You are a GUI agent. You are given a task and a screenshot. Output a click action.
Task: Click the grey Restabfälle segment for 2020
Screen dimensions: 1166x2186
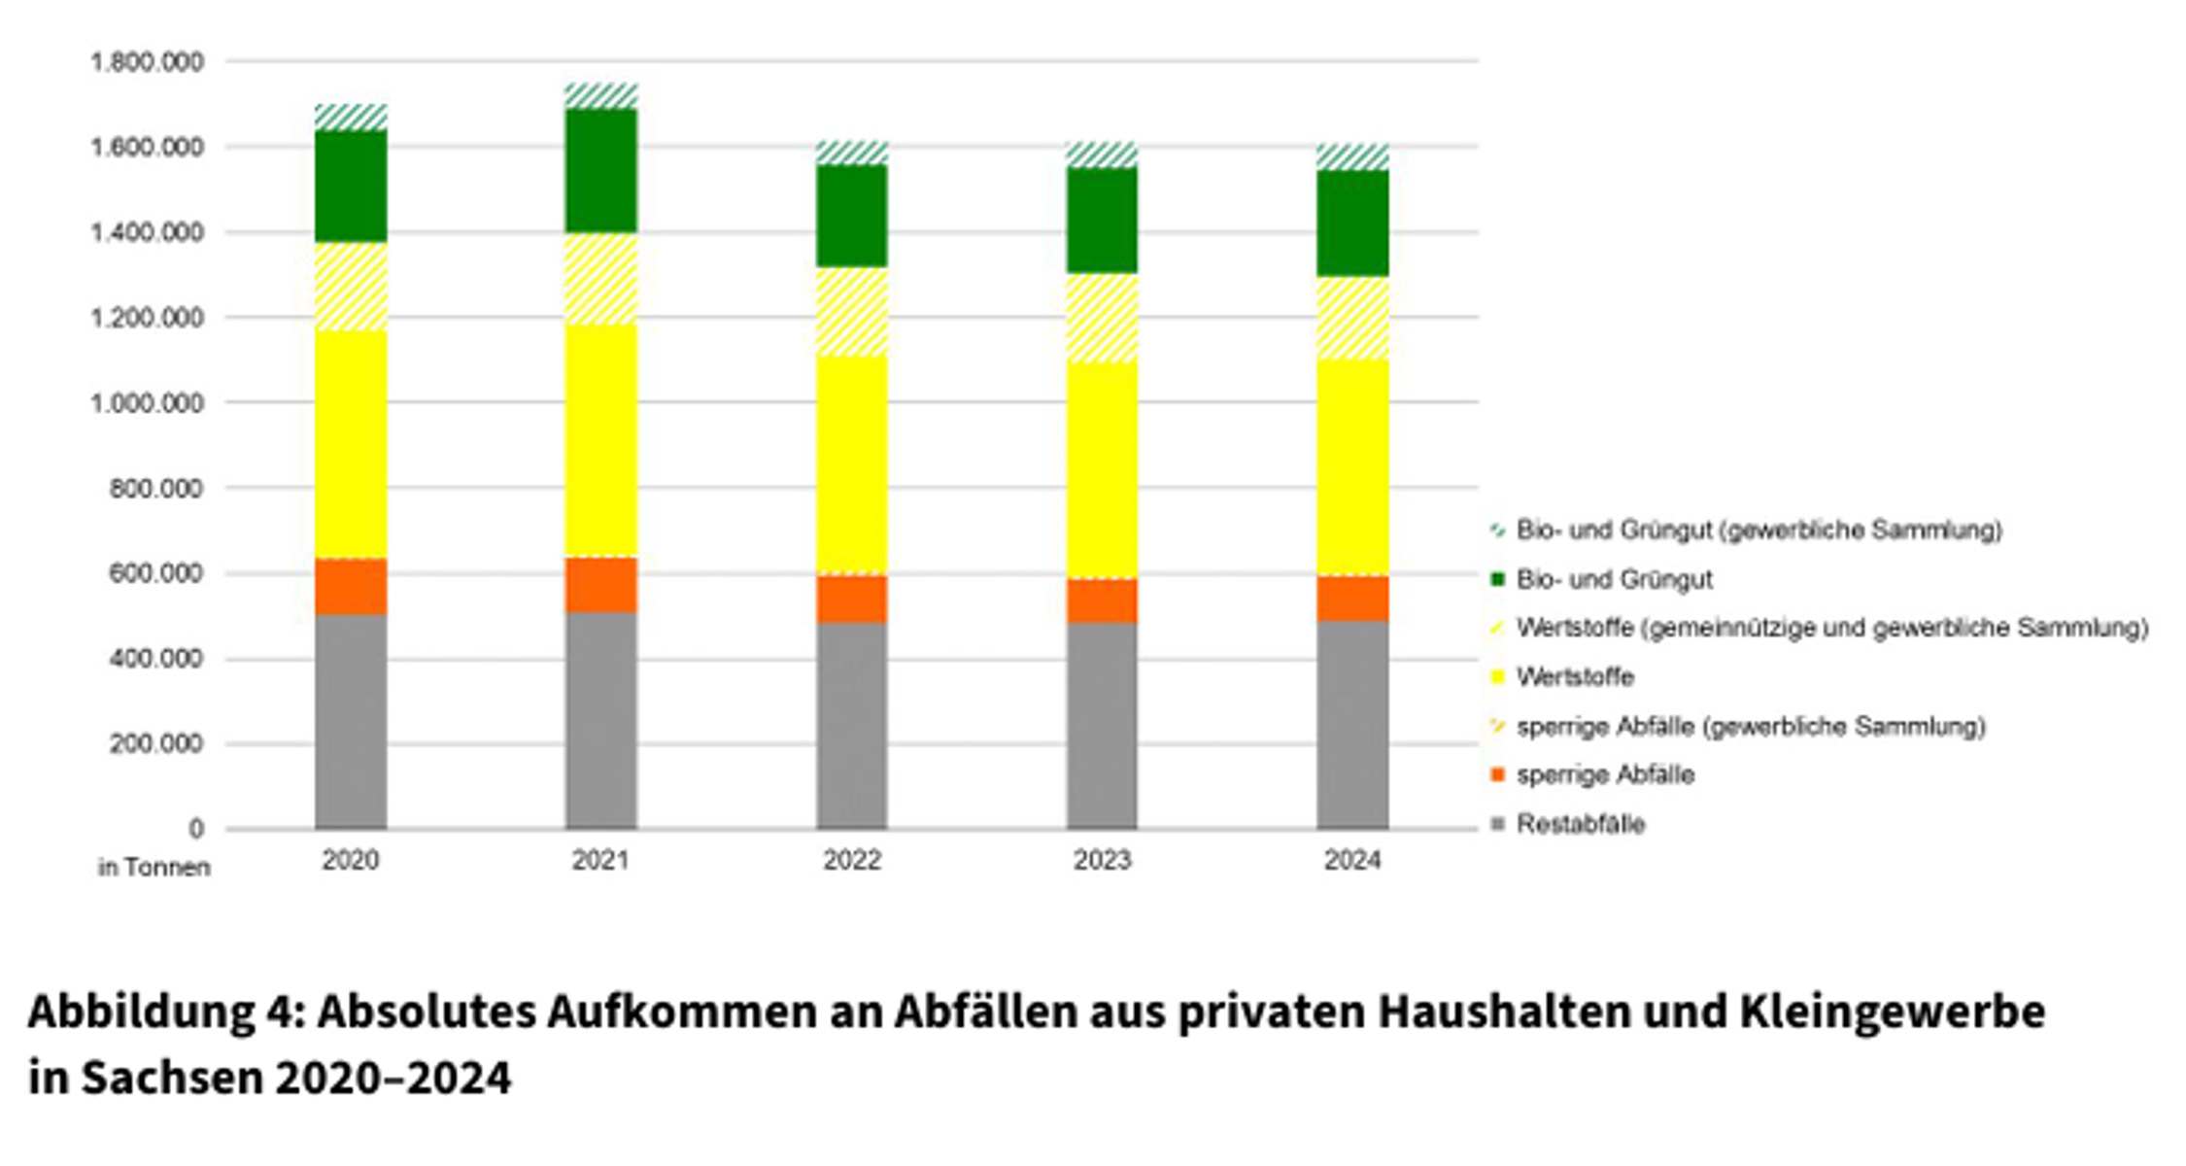click(351, 721)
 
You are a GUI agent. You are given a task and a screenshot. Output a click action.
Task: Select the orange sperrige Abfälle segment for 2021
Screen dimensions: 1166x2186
click(601, 585)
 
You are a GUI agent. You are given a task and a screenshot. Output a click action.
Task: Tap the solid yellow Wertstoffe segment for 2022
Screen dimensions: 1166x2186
click(852, 464)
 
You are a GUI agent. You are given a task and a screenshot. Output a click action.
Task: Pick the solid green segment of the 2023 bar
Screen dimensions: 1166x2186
click(1102, 220)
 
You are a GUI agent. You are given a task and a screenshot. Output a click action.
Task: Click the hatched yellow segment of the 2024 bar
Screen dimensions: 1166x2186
click(1352, 318)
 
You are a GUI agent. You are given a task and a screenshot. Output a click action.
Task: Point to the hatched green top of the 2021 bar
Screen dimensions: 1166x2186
click(601, 95)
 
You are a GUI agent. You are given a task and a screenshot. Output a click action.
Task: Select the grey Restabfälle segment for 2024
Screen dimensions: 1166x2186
click(1352, 724)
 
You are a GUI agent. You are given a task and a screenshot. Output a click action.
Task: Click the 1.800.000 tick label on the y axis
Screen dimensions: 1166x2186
click(148, 62)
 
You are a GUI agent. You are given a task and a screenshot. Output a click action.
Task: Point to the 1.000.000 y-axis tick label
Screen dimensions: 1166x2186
click(148, 402)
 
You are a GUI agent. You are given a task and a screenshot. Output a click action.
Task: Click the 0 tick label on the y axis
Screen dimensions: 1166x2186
click(196, 829)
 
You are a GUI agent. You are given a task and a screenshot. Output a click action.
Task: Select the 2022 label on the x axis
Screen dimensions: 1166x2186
click(852, 860)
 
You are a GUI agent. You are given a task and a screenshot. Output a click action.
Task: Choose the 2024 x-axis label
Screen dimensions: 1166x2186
click(1352, 860)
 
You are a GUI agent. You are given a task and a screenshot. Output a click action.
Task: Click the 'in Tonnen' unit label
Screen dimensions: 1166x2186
click(154, 867)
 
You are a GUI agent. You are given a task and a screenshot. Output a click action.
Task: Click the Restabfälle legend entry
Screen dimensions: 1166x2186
click(1581, 824)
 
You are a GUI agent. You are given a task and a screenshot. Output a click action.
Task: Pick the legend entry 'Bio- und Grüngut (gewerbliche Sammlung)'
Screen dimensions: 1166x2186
click(1759, 530)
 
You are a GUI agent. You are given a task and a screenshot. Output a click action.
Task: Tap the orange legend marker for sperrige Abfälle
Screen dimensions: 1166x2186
click(1497, 775)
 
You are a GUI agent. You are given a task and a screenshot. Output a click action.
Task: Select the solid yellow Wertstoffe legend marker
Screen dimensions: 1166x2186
click(1497, 677)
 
